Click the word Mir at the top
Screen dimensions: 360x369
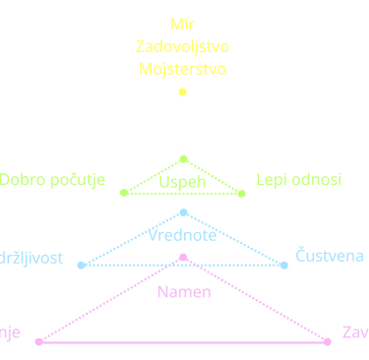183,24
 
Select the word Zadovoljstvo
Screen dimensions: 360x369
183,46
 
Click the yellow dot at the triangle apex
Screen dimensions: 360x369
182,91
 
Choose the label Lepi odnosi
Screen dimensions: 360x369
298,180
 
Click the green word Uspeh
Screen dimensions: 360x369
182,183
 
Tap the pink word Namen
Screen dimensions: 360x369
183,292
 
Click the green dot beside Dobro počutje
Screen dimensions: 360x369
122,192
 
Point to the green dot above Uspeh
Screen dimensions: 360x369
183,158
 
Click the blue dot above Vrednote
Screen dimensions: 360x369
183,211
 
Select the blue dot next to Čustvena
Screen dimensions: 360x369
284,265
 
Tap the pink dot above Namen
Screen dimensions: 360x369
183,258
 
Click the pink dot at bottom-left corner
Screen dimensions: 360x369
38,341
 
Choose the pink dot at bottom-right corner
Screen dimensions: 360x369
328,341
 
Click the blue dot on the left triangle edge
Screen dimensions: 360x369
81,265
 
